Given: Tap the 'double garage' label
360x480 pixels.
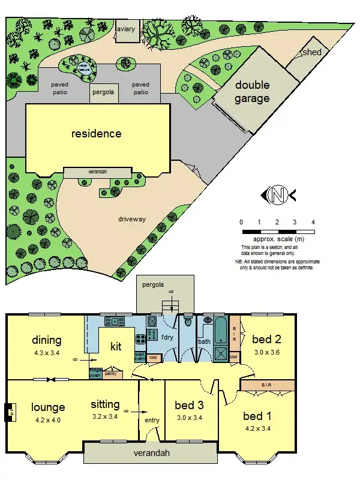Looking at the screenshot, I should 252,92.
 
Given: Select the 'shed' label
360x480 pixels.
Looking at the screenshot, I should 312,52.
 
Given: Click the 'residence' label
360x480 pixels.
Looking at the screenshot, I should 97,133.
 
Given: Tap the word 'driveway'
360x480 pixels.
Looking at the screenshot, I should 131,219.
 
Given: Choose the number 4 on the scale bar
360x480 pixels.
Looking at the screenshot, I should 313,222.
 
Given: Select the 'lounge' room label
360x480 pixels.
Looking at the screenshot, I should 48,407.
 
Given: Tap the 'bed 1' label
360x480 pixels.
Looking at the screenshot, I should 258,415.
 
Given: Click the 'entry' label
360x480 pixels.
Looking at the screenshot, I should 152,420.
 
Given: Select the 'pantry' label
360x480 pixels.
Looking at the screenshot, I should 110,374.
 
